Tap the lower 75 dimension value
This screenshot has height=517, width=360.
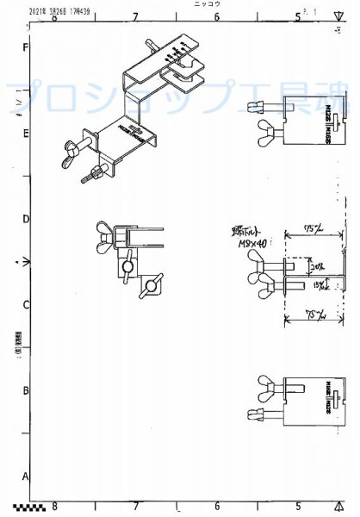(x=316, y=315)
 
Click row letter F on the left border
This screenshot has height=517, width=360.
(x=27, y=48)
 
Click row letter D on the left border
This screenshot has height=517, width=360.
(x=27, y=220)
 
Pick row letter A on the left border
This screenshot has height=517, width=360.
(x=27, y=477)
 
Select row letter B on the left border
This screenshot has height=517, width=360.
(x=27, y=390)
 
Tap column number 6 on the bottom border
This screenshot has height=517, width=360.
(x=217, y=507)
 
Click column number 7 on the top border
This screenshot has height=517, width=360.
(x=135, y=16)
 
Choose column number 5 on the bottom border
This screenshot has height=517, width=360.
(x=298, y=507)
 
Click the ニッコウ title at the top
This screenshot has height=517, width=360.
(x=208, y=4)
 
